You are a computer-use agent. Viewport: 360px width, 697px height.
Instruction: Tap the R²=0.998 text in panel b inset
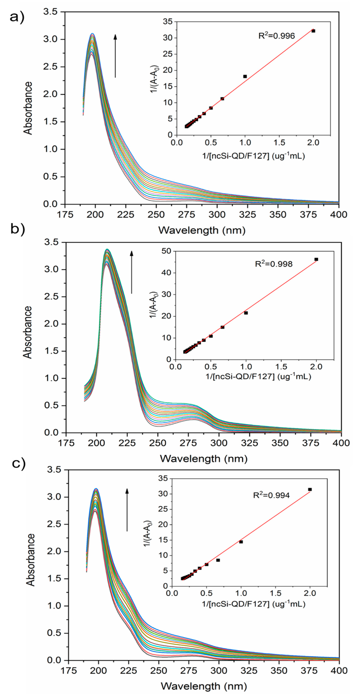click(274, 264)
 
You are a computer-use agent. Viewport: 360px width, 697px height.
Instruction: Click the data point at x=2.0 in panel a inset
click(313, 31)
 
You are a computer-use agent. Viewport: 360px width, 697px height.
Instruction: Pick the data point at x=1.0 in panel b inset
click(246, 313)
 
